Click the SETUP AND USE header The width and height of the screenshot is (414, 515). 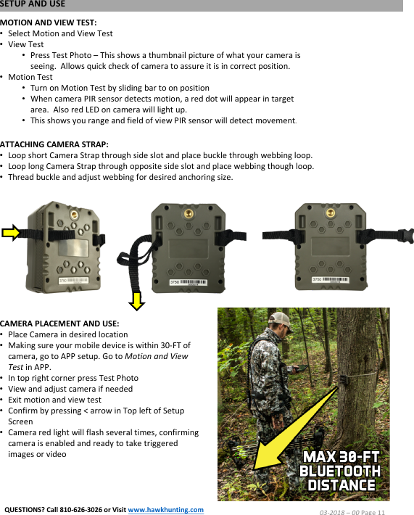(33, 4)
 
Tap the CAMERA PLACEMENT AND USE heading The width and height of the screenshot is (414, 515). (59, 323)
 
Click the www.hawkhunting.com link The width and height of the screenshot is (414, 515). (165, 508)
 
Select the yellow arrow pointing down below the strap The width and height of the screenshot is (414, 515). (138, 297)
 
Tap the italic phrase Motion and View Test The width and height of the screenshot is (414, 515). (156, 356)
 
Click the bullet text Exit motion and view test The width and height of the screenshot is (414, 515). (54, 400)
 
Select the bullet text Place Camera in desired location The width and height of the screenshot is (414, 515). (67, 334)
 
